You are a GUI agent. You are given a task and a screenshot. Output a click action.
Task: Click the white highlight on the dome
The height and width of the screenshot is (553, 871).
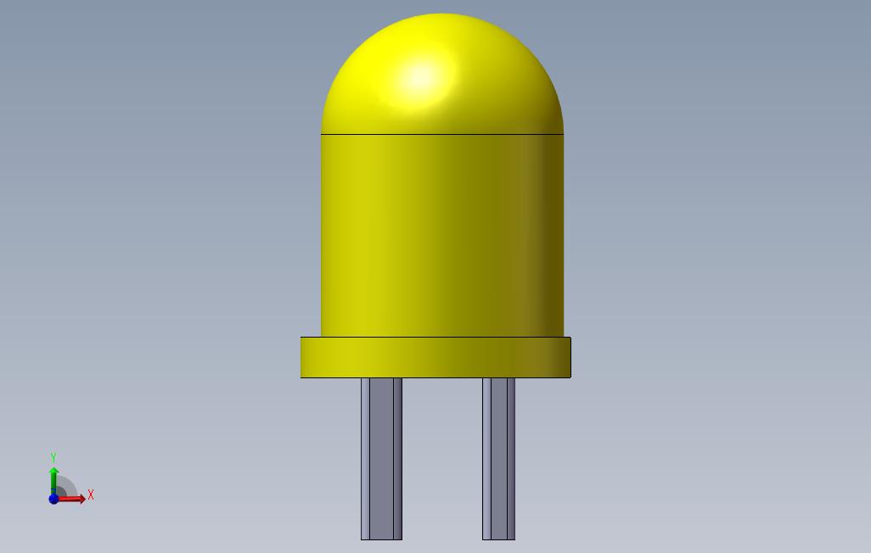(420, 77)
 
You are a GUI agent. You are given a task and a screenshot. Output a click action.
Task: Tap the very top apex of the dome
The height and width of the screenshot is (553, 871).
(441, 14)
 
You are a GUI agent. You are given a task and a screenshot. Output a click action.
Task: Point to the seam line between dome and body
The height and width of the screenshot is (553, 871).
(441, 134)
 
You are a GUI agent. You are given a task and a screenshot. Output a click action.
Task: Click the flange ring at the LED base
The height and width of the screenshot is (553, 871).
(435, 357)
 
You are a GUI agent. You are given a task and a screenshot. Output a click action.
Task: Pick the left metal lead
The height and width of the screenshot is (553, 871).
(381, 458)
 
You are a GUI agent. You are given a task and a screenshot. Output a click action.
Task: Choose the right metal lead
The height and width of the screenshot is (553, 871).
(498, 458)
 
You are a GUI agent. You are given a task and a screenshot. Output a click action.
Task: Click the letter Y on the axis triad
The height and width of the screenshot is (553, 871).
(53, 458)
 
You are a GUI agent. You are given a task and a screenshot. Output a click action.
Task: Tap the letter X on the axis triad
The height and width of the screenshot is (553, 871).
(91, 494)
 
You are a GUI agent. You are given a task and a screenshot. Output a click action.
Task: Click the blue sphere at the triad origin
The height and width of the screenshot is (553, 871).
(53, 499)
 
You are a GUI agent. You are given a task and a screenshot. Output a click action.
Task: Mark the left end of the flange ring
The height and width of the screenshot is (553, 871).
(303, 357)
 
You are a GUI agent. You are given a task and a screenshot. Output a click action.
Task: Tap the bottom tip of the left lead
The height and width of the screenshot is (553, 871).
(381, 537)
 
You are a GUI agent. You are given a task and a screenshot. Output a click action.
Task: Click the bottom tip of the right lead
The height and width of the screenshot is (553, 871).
(498, 537)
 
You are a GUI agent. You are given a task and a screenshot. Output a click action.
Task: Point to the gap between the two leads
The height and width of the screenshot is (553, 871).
(442, 458)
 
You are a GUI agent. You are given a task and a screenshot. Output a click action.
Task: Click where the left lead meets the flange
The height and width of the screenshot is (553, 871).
(381, 379)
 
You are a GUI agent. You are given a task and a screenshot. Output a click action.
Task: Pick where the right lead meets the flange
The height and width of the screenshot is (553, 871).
(498, 379)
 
